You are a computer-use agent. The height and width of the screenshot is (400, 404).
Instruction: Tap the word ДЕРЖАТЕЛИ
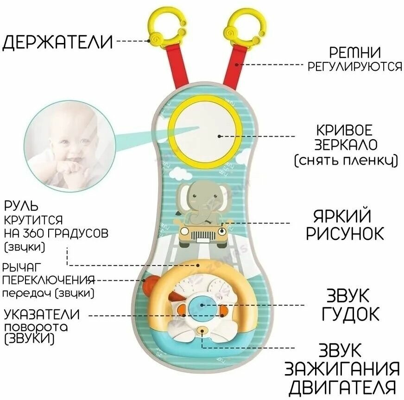58,42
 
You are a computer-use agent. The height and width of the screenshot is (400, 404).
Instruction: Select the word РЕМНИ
355,52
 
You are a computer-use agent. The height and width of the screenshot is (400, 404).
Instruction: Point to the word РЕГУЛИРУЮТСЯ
355,67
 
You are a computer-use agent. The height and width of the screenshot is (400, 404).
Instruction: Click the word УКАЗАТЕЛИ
42,315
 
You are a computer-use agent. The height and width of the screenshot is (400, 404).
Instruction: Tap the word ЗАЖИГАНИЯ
342,369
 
